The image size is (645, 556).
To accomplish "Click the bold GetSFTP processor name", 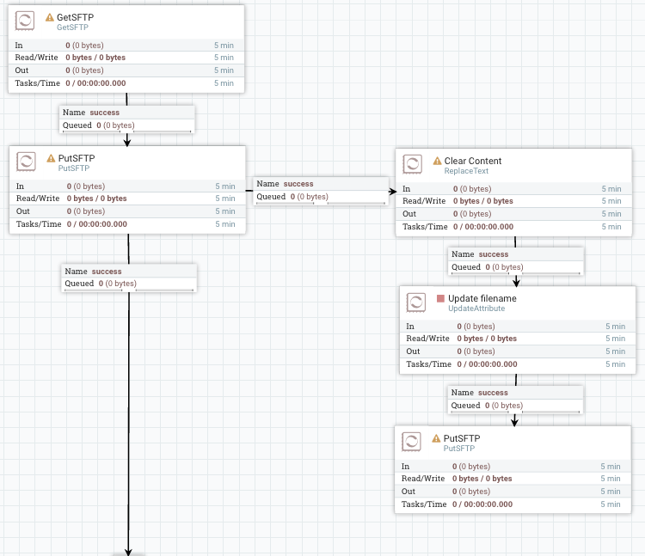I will pyautogui.click(x=75, y=17).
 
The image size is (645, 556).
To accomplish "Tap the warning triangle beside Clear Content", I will pyautogui.click(x=437, y=161).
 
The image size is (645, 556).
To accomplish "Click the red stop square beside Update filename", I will pyautogui.click(x=440, y=298).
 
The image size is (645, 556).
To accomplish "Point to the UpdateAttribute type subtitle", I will pyautogui.click(x=476, y=309).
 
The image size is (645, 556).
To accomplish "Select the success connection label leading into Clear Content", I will pyautogui.click(x=298, y=184).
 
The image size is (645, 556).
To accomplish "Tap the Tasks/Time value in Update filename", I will pyautogui.click(x=486, y=364).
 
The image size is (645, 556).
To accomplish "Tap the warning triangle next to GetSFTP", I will pyautogui.click(x=50, y=17).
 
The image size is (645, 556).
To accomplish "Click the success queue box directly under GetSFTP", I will pyautogui.click(x=127, y=119).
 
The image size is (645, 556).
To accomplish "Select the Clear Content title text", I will pyautogui.click(x=473, y=161).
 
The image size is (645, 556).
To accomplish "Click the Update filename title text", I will pyautogui.click(x=482, y=298).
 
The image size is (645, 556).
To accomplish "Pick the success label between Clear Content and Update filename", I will pyautogui.click(x=494, y=254).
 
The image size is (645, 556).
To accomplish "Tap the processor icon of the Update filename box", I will pyautogui.click(x=415, y=302).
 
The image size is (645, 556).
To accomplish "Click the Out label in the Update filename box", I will pyautogui.click(x=413, y=351).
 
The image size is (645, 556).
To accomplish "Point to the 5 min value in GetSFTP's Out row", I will pyautogui.click(x=224, y=70).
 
